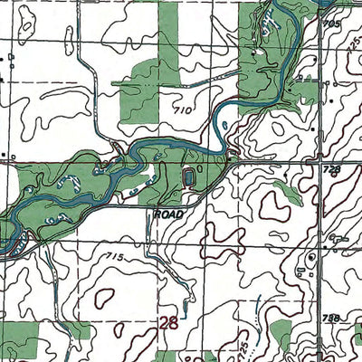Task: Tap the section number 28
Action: [x=167, y=323]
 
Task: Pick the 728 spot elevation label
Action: [x=332, y=170]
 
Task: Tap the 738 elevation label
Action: [x=333, y=319]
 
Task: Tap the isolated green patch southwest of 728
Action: [x=287, y=190]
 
